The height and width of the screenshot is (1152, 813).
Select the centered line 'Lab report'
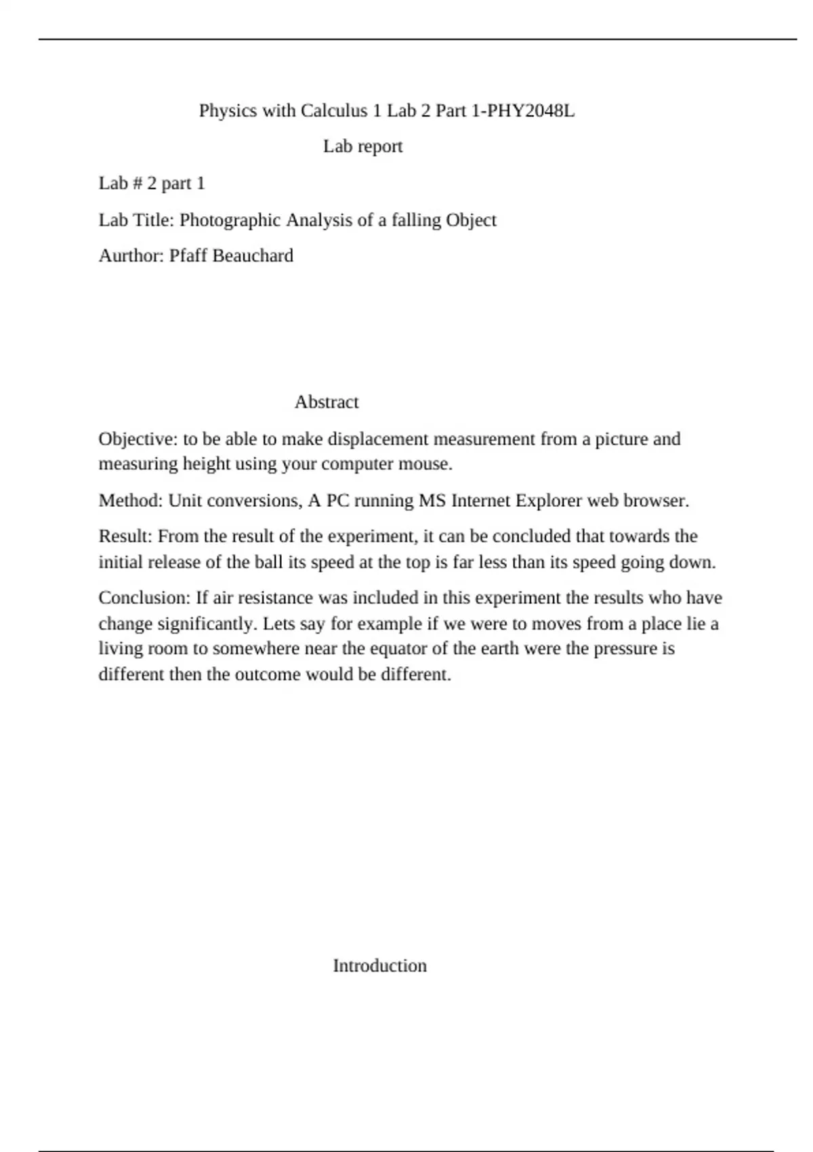coord(362,146)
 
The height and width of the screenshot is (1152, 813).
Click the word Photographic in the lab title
coord(230,220)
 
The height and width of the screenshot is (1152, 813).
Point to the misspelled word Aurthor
coord(131,255)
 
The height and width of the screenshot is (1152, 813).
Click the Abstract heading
coord(327,402)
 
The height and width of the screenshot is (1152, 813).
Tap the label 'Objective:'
coord(138,439)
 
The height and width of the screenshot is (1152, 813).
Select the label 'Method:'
coord(131,501)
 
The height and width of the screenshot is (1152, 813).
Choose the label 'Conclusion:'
coord(144,598)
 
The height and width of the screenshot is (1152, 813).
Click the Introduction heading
coord(379,966)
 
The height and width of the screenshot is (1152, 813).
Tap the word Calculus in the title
coord(334,110)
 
